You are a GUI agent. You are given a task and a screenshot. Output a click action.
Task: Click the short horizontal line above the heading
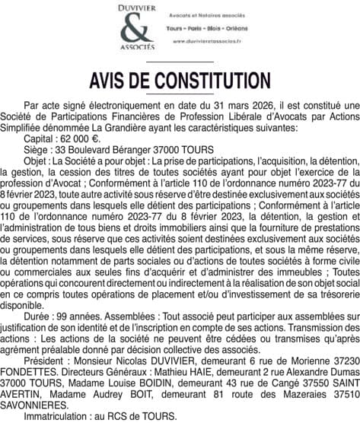(180, 62)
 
